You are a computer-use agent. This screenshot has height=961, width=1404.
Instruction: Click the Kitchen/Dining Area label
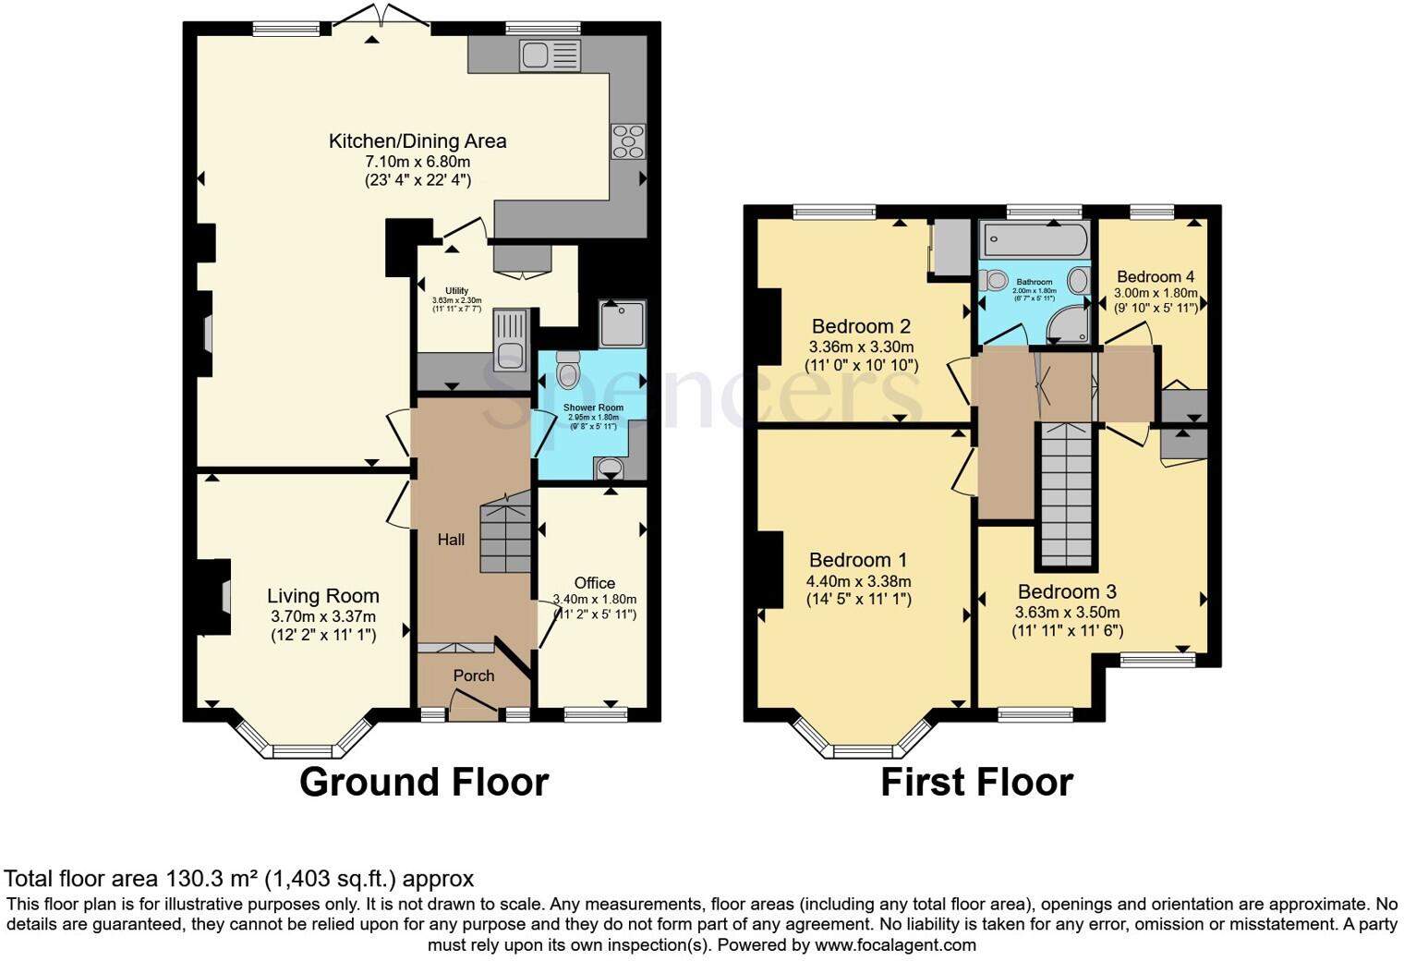click(418, 141)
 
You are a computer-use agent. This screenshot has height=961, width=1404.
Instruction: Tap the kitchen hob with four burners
click(628, 141)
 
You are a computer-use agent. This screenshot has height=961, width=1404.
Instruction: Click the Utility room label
click(456, 291)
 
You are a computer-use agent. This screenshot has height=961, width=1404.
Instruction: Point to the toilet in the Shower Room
click(567, 371)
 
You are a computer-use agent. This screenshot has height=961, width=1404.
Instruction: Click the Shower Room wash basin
click(610, 469)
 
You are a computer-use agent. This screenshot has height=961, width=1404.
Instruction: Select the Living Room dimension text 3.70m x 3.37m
click(323, 616)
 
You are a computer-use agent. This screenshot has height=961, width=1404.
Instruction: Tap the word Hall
click(451, 540)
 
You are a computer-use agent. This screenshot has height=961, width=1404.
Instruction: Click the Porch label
click(474, 675)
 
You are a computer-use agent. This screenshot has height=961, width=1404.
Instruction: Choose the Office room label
click(594, 583)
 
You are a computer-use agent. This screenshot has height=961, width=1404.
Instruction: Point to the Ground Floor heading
click(424, 782)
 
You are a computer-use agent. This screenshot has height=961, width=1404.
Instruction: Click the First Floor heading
click(976, 782)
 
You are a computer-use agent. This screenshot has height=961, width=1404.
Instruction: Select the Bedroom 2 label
click(861, 326)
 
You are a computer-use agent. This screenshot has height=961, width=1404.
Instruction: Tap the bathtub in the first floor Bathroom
click(1034, 240)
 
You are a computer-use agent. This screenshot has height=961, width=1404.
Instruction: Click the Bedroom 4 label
click(1156, 276)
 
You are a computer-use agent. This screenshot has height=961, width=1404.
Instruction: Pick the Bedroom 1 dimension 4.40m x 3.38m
click(858, 581)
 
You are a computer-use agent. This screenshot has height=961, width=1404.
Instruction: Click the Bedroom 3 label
click(1067, 592)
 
